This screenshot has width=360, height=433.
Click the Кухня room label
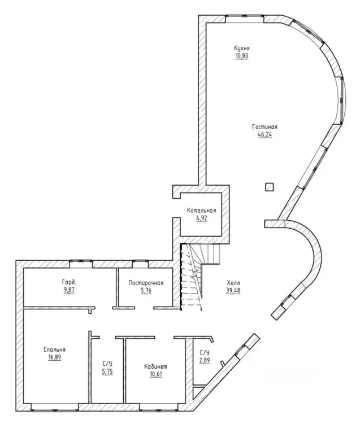point(242,49)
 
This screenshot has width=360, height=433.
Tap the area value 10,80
point(242,56)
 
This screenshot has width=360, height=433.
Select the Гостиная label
point(264,127)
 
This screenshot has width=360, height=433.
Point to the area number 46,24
point(264,135)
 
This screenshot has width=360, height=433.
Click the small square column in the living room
point(270,187)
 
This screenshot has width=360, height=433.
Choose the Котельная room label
point(201,211)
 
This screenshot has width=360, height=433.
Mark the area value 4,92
point(201,218)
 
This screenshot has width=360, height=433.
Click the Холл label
point(233,283)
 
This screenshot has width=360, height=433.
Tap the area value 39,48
point(233,291)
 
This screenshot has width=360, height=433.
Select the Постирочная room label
point(146,283)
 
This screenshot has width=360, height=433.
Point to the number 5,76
point(146,291)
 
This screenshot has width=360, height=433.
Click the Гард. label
point(69,282)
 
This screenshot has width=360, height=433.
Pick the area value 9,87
point(69,290)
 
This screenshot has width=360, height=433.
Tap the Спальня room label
point(54,350)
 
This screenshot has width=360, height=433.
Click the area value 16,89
point(54,357)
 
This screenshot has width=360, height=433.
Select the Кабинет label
point(155,367)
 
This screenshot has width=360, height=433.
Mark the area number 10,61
point(155,375)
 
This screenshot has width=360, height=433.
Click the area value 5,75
point(107,371)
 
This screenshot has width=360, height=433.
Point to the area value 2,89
point(205,360)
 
